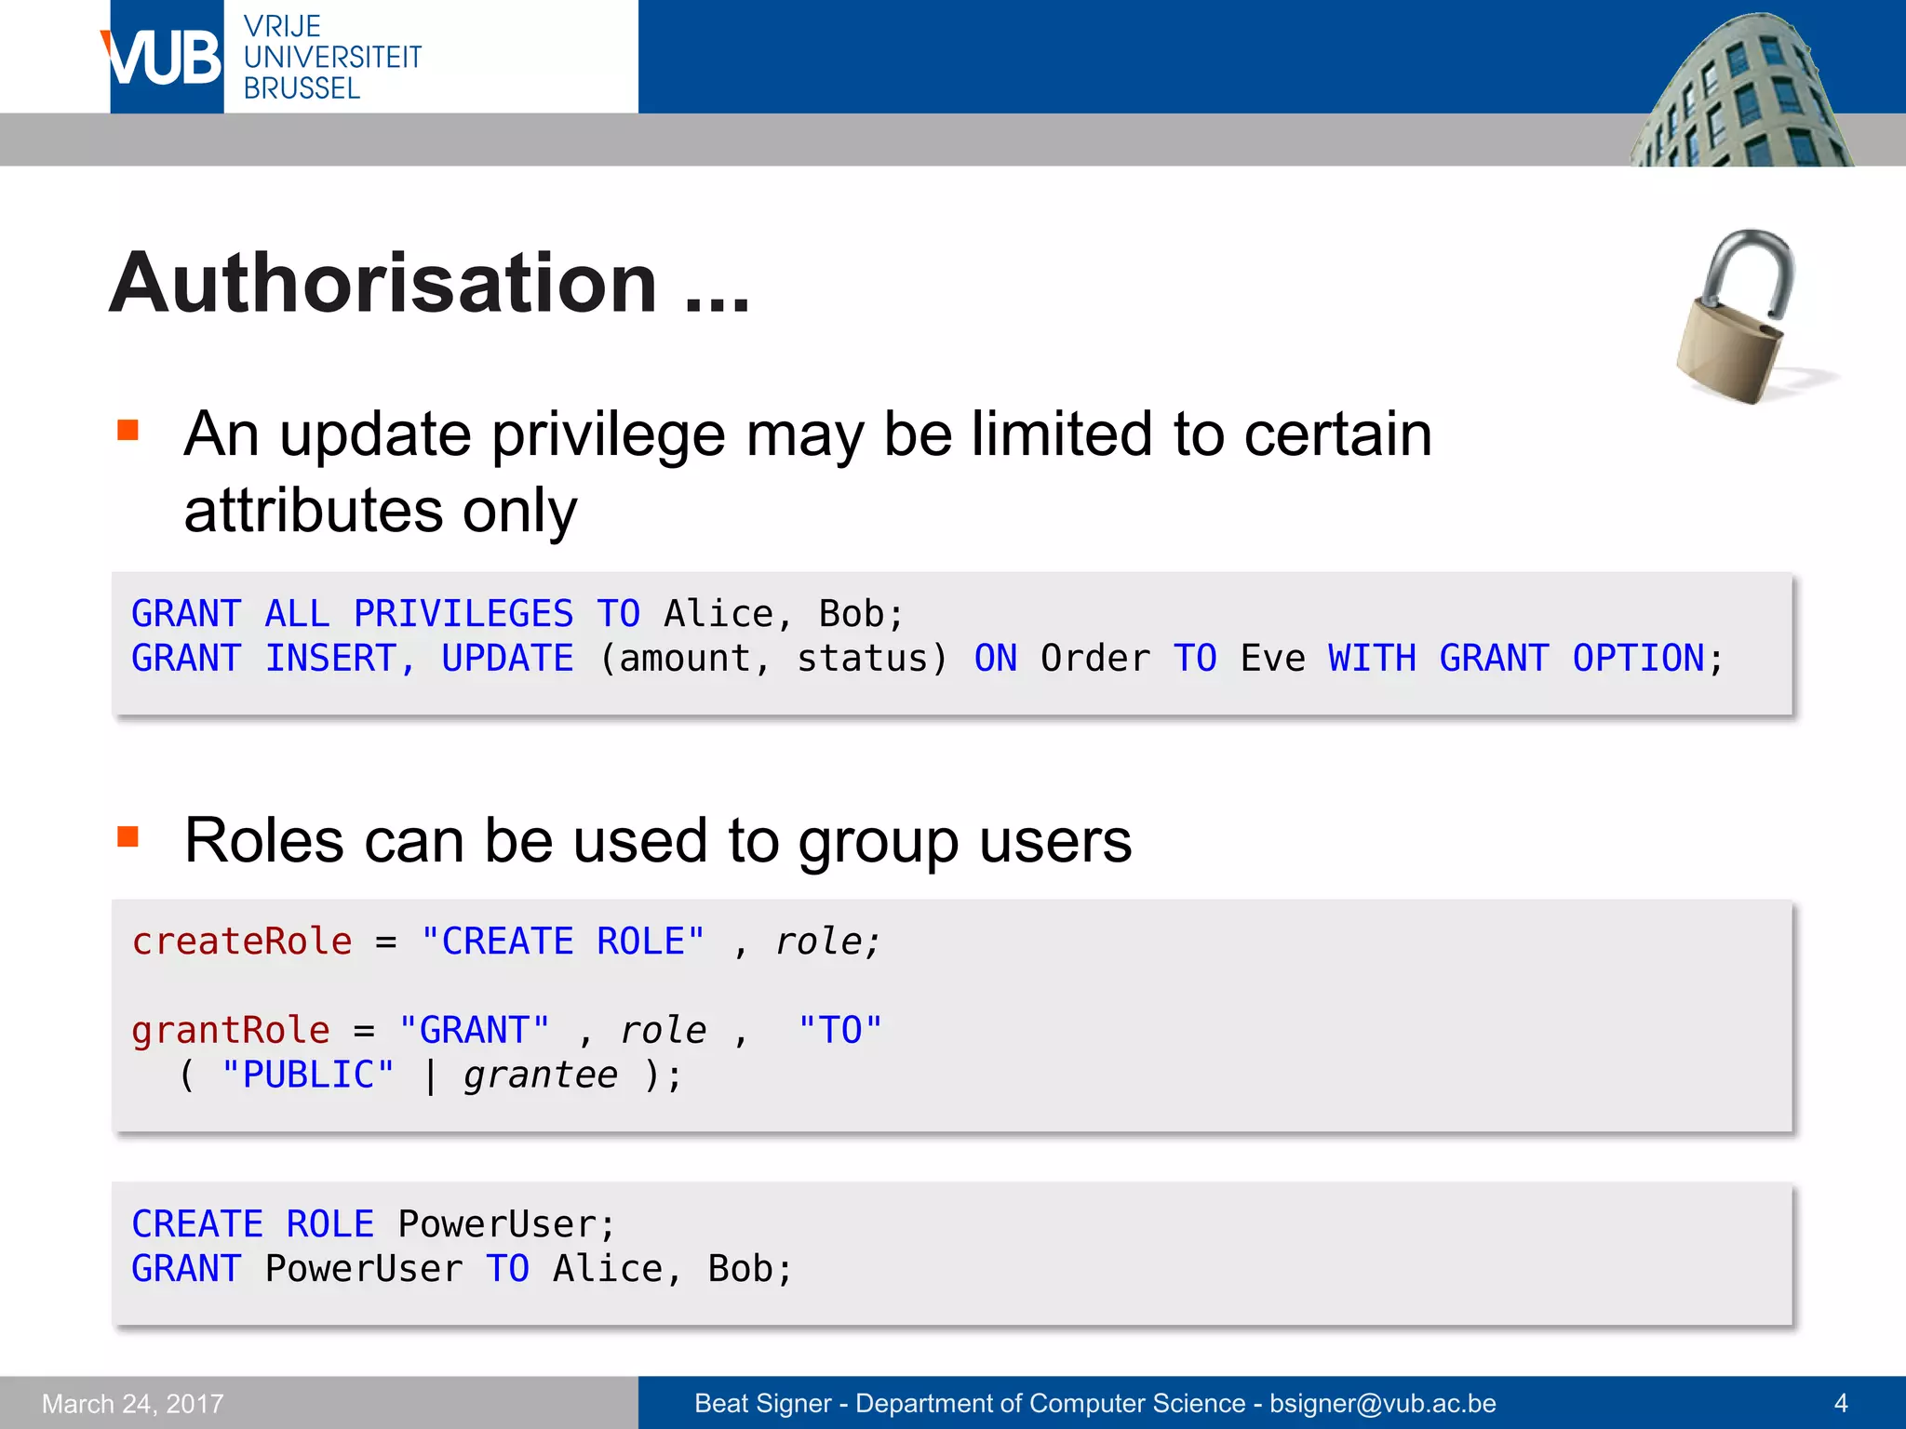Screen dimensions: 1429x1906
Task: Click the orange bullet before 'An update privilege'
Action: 128,430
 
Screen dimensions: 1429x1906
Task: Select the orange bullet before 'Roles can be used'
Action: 128,836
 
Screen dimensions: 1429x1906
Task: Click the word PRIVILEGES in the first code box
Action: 463,614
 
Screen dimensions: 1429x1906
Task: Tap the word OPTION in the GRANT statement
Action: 1638,659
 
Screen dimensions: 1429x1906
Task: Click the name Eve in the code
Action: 1272,659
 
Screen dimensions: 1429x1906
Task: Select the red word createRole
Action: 242,942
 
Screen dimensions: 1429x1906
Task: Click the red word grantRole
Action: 231,1031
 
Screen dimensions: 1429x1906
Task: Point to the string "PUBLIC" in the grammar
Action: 307,1075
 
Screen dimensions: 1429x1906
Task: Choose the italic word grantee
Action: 541,1075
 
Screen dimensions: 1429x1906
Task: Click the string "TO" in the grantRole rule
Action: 839,1031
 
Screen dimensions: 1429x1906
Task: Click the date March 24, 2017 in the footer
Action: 133,1403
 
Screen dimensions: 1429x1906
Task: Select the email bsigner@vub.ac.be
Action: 1382,1403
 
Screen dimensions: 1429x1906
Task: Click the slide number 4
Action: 1840,1403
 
